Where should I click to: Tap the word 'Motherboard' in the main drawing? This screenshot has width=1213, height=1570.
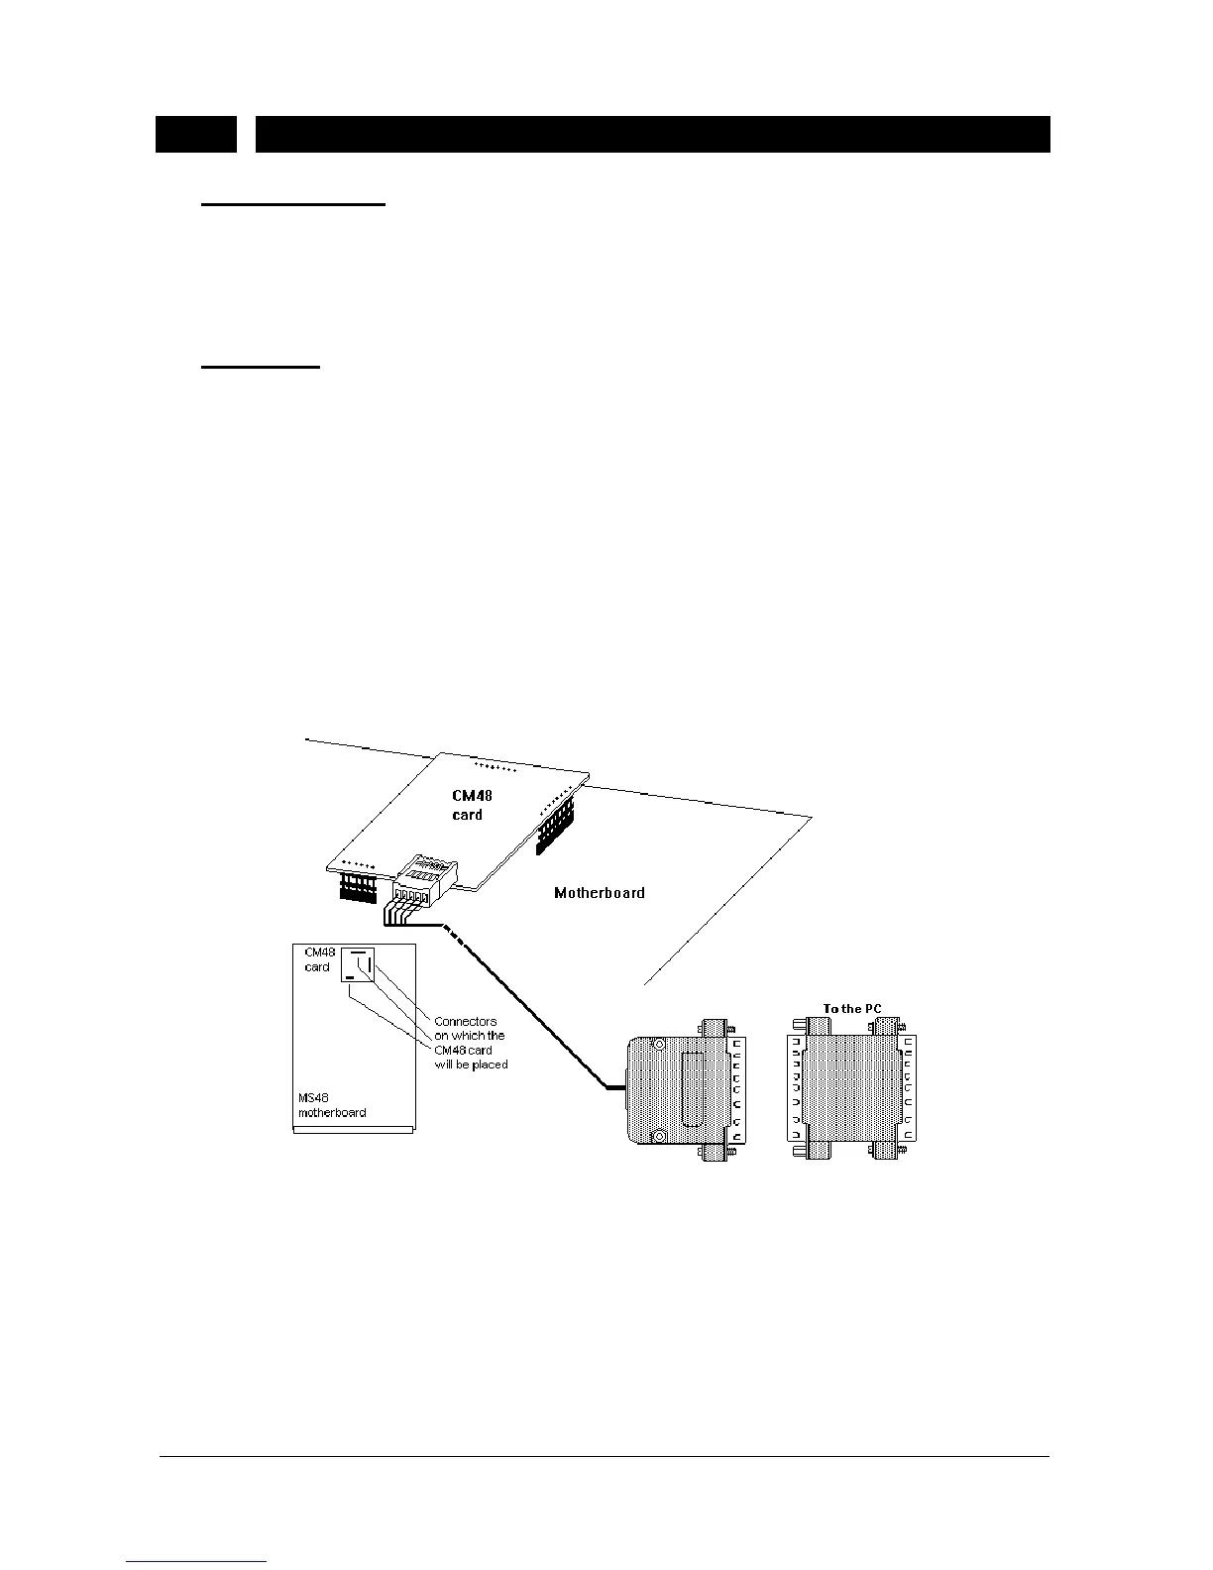(x=599, y=893)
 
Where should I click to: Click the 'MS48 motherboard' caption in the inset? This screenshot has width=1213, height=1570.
(x=332, y=1104)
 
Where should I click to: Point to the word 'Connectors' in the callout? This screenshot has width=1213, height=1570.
(x=466, y=1021)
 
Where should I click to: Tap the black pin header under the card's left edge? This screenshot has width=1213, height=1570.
(x=358, y=886)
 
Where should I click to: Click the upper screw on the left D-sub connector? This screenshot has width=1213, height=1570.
(x=655, y=1045)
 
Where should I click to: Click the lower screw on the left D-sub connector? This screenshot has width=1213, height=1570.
(x=655, y=1136)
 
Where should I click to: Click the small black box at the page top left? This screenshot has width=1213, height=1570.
(x=196, y=134)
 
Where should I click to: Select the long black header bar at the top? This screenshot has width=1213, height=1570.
(x=652, y=134)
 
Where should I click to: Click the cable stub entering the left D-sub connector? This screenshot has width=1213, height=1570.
(x=615, y=1088)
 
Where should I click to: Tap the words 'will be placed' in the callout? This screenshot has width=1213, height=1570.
(x=472, y=1065)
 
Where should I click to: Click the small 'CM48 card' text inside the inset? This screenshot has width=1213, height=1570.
(x=318, y=959)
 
